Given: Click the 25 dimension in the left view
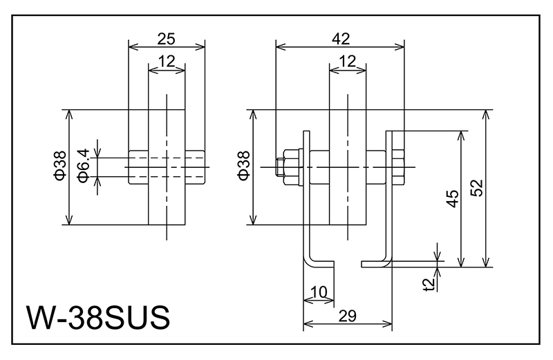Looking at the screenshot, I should click(167, 37).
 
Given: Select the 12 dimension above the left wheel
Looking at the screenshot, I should click(167, 61).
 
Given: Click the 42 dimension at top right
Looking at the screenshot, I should click(340, 38).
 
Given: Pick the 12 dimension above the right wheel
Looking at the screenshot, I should click(348, 61).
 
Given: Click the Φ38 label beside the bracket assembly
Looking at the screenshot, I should click(243, 167).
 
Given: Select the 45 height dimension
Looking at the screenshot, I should click(451, 199).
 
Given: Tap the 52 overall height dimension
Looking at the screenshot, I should click(476, 188).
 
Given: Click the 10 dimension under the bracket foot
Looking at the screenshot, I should click(318, 292).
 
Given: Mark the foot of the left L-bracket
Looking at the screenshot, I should click(322, 263).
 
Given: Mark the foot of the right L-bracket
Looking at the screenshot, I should click(377, 263).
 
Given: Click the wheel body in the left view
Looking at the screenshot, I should click(167, 200).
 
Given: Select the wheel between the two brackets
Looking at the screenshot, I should click(348, 200).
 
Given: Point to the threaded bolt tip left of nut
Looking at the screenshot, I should click(281, 167).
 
